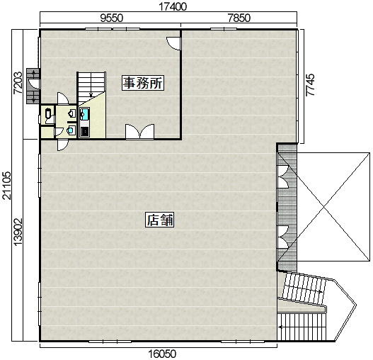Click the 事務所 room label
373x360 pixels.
click(x=143, y=83)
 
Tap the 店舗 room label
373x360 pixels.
click(x=160, y=220)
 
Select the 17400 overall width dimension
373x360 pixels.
click(x=173, y=6)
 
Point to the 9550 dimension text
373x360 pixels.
click(x=111, y=18)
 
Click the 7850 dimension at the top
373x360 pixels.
click(x=239, y=18)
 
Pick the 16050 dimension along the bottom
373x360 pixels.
click(x=162, y=354)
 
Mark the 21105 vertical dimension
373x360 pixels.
click(x=7, y=186)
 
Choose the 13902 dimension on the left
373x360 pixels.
click(x=18, y=232)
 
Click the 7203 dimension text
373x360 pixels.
click(x=18, y=83)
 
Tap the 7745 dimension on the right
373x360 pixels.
click(x=310, y=85)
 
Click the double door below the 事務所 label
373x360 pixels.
click(x=139, y=131)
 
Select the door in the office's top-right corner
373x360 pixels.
click(x=173, y=43)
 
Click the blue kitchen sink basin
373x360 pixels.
click(x=84, y=114)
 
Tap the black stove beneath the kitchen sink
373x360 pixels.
click(x=84, y=132)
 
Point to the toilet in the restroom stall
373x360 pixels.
click(x=48, y=113)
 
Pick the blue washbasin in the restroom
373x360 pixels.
click(x=71, y=130)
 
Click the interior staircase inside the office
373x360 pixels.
click(x=91, y=88)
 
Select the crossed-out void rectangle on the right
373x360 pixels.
click(x=333, y=207)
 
